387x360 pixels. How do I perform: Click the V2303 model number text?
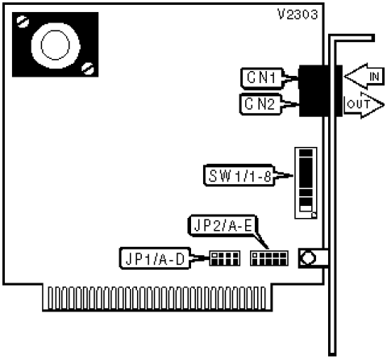point(298,15)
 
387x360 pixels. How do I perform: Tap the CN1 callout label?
point(262,78)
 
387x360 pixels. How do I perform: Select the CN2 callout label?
point(260,104)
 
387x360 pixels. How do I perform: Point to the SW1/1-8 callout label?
point(239,175)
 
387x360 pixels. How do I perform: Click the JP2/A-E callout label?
point(223,226)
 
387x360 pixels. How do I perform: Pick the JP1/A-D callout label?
point(155,258)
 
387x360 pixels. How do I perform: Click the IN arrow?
point(364,77)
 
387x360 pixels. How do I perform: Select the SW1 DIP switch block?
point(306,183)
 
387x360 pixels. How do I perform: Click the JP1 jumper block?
point(225,258)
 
